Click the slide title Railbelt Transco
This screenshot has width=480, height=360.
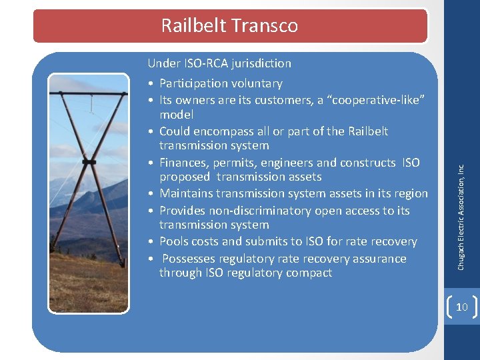pos(229,25)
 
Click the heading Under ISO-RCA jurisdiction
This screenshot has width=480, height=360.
pos(219,63)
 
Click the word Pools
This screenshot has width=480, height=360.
pos(173,241)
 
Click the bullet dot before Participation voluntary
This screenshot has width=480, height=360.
pos(153,84)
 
